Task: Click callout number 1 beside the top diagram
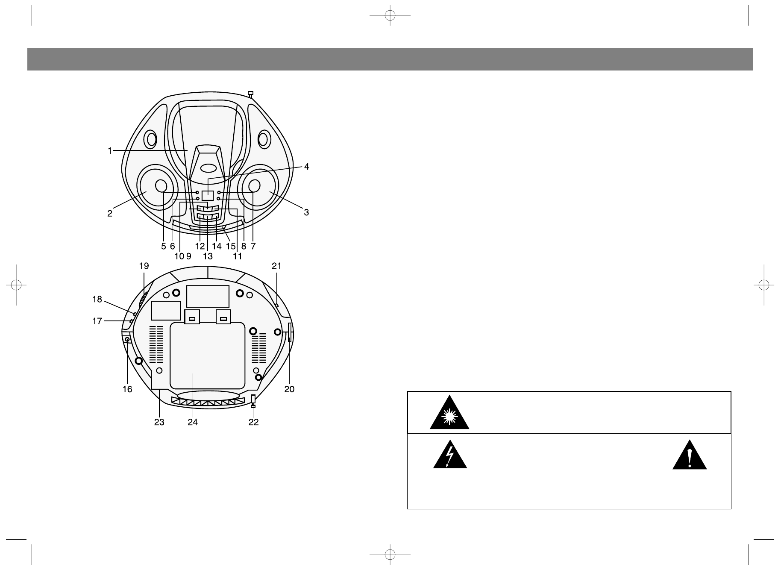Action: tap(110, 150)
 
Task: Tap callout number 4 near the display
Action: tap(306, 167)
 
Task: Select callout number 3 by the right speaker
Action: tap(306, 212)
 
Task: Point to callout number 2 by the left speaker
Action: tap(110, 213)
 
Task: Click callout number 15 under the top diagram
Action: tap(231, 246)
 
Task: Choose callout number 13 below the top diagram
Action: tap(208, 256)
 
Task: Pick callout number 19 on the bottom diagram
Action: tap(144, 266)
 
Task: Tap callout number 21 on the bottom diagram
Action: tap(277, 266)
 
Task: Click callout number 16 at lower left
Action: tap(127, 389)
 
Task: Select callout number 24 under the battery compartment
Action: tap(193, 422)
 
